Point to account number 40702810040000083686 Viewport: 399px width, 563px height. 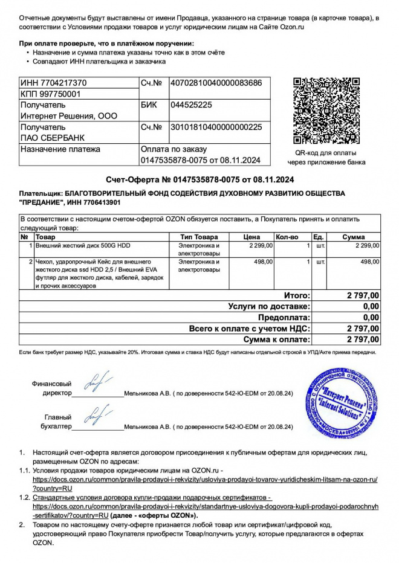[x=216, y=83]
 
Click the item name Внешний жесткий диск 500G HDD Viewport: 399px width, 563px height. [x=83, y=246]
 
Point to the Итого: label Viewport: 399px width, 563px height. [x=297, y=295]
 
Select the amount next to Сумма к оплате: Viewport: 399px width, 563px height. [x=363, y=339]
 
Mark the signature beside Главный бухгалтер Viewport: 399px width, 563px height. [x=97, y=417]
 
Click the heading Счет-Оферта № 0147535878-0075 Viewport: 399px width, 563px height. [x=199, y=179]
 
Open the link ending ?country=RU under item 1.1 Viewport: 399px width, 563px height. [x=53, y=487]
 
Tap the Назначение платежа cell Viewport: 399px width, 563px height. [x=60, y=149]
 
